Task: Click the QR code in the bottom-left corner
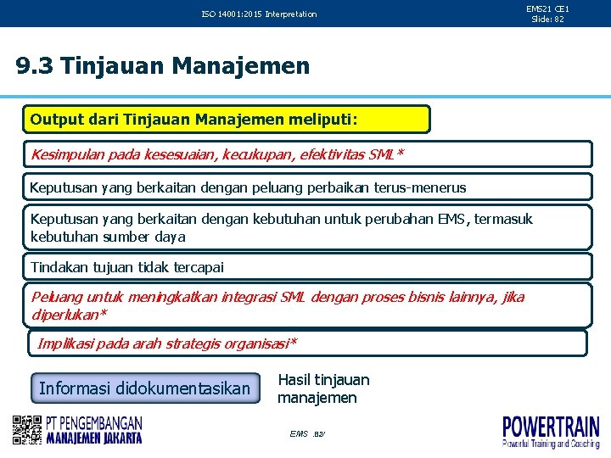27,430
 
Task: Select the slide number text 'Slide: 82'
547,19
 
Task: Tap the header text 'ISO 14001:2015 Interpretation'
259,14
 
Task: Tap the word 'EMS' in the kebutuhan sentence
451,220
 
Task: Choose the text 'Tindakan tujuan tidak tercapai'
127,267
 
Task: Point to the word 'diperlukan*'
69,314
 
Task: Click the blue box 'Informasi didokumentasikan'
145,388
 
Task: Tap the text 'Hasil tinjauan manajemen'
323,388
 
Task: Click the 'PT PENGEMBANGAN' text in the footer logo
94,422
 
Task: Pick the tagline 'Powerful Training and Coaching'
551,444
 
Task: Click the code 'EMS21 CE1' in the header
547,8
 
